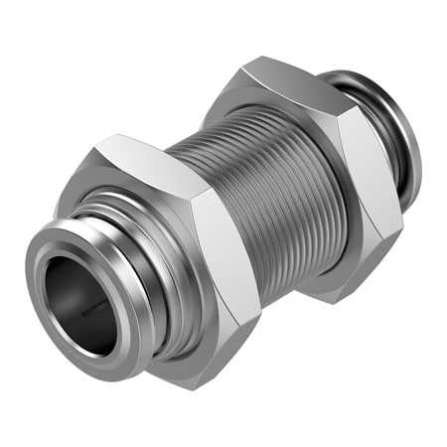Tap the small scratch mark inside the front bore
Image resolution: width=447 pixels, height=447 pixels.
94,309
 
